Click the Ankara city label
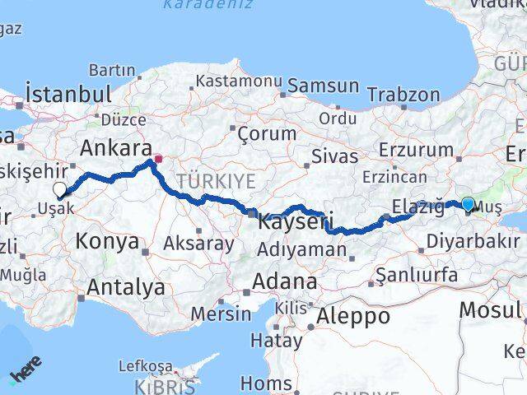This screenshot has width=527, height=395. coord(116,149)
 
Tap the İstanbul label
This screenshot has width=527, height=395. coord(68,92)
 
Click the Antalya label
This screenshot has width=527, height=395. coord(125,288)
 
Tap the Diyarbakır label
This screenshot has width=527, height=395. coord(467,241)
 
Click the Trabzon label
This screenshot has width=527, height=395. coord(404,95)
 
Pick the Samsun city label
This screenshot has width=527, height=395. coord(323,86)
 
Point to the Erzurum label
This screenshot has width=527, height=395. coord(417,150)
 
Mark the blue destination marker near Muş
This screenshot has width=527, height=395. coord(468,204)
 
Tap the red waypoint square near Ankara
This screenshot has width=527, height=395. coord(158,151)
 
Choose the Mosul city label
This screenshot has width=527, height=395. coord(489,309)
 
